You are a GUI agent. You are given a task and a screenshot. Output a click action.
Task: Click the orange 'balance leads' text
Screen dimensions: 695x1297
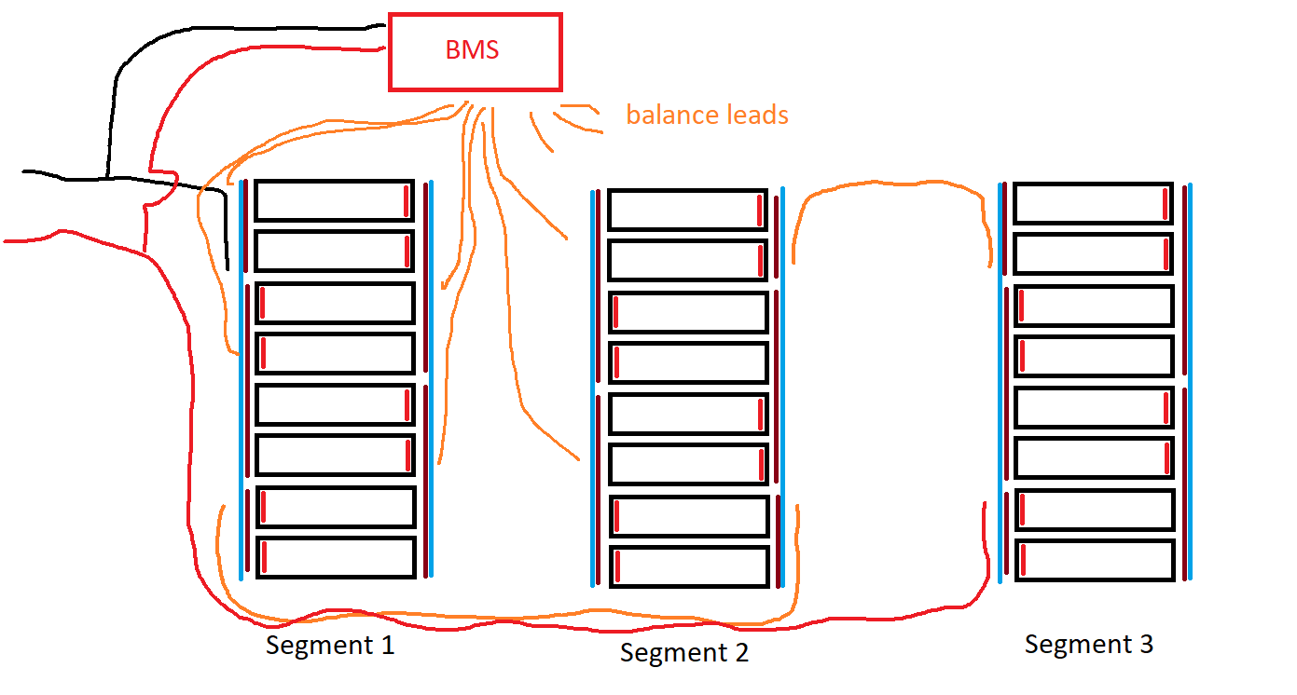pos(707,116)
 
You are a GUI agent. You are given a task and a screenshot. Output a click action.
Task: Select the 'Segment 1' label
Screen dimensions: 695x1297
pos(330,645)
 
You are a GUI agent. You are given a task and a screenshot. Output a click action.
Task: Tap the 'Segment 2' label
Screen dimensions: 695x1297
pos(683,652)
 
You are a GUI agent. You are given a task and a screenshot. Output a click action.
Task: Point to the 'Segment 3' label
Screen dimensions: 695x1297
pos(1088,644)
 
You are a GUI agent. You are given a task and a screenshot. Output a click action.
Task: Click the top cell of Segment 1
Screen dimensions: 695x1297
pos(334,200)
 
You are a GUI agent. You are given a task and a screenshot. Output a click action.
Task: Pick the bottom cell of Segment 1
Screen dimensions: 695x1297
pos(335,557)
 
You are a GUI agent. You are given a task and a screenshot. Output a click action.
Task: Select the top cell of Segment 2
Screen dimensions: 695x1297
pos(687,210)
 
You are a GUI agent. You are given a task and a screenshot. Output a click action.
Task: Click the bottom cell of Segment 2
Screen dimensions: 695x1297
pos(688,566)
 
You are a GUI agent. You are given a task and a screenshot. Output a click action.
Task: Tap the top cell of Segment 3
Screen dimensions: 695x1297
pos(1093,203)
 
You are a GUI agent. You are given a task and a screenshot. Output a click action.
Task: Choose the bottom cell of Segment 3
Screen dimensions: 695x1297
pos(1094,560)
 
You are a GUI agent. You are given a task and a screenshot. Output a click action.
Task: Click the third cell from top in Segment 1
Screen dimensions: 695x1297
pos(335,303)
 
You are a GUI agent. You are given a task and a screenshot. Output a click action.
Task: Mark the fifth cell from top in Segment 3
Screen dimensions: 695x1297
pos(1093,407)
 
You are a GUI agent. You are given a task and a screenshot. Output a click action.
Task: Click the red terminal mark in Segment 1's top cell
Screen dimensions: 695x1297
pos(407,200)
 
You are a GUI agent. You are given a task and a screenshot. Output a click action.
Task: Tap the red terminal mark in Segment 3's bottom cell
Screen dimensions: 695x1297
pos(1023,560)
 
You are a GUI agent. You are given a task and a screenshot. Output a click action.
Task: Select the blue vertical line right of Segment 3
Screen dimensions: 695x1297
pos(1191,382)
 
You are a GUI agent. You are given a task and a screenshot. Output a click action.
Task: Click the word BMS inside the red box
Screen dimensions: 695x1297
pos(472,50)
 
